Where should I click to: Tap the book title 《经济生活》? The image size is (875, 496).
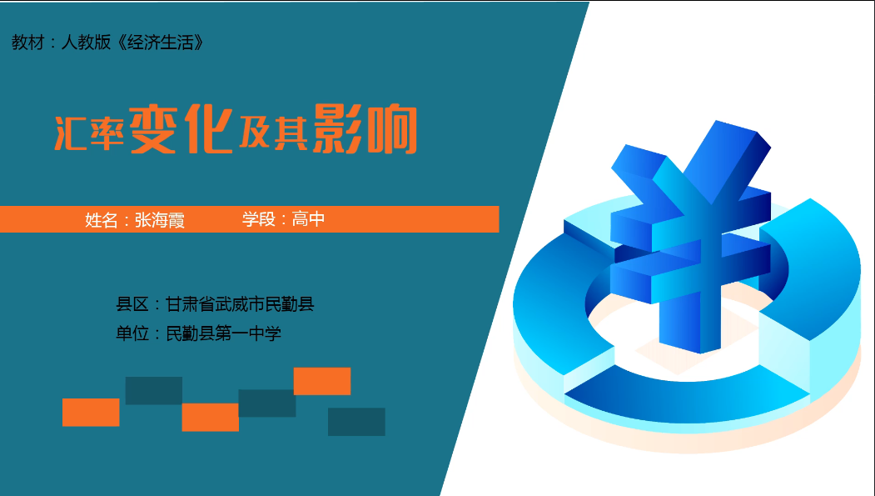coord(161,43)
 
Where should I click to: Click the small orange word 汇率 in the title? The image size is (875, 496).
coord(89,133)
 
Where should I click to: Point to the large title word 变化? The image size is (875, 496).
coord(181,129)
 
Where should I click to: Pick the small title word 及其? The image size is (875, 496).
coord(273,133)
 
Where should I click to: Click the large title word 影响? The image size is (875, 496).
coord(365,129)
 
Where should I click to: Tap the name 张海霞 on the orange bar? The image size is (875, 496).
coord(160,220)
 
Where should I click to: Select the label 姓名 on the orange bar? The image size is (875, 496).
coord(102,220)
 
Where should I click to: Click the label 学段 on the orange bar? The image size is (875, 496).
coord(258,219)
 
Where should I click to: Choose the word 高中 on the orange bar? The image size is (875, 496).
coord(308,219)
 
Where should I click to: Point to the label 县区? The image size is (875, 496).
coord(132,304)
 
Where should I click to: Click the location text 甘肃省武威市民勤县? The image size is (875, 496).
coord(240,304)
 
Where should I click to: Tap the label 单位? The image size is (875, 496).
coord(132,333)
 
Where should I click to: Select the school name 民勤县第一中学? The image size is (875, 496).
coord(223,333)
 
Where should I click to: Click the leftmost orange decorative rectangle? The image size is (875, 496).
coord(91,412)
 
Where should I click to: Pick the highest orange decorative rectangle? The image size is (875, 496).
coord(322,381)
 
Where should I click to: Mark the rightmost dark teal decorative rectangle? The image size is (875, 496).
coord(356,422)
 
